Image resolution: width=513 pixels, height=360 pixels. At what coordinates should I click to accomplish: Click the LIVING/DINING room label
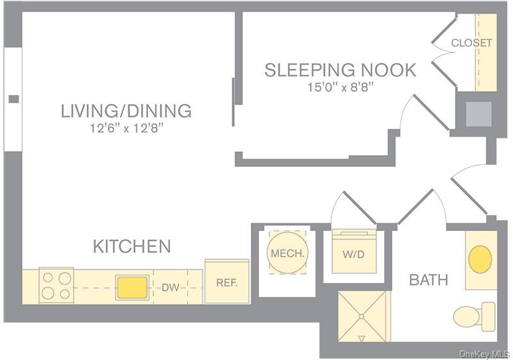[x=126, y=111]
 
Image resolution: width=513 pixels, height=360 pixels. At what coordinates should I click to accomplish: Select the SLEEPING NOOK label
[x=340, y=70]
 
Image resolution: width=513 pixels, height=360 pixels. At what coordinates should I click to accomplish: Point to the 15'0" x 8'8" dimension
[x=340, y=87]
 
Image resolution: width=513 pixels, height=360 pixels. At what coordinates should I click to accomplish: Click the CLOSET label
[x=471, y=43]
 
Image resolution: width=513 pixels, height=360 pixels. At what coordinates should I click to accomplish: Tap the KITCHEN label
[x=132, y=246]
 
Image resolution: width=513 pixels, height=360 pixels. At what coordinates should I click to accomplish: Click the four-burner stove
[x=57, y=286]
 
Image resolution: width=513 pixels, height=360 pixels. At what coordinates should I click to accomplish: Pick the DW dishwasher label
[x=170, y=287]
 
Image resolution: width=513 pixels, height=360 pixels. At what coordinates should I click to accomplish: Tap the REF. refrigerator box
[x=226, y=282]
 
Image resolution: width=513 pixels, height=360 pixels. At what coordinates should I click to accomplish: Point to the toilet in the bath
[x=475, y=315]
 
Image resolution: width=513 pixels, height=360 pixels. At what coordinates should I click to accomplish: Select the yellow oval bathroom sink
[x=480, y=259]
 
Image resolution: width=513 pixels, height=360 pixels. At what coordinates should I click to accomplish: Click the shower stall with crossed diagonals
[x=363, y=317]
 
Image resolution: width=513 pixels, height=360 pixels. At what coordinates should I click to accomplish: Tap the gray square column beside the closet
[x=478, y=114]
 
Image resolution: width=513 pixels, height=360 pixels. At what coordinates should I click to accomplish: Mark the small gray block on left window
[x=13, y=99]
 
